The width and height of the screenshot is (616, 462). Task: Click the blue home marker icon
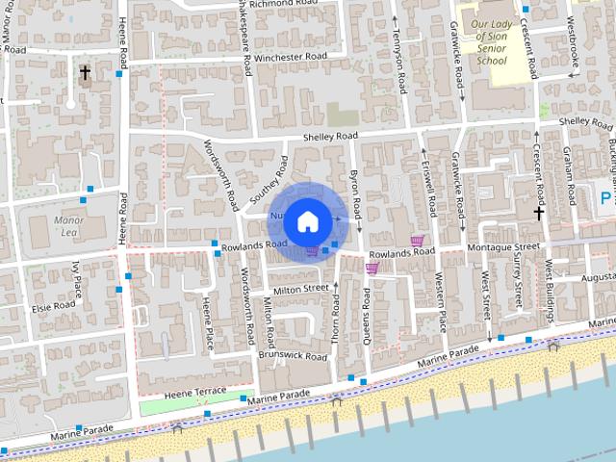coord(307,221)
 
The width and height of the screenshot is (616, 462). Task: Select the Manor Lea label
coord(69,226)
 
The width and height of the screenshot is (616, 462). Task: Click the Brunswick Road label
coord(293,356)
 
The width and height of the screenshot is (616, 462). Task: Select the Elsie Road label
coord(54,306)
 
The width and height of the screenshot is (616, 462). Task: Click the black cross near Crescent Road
coord(539,213)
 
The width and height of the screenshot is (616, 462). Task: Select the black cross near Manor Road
coord(85,72)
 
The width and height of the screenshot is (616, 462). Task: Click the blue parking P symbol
coord(605,199)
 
